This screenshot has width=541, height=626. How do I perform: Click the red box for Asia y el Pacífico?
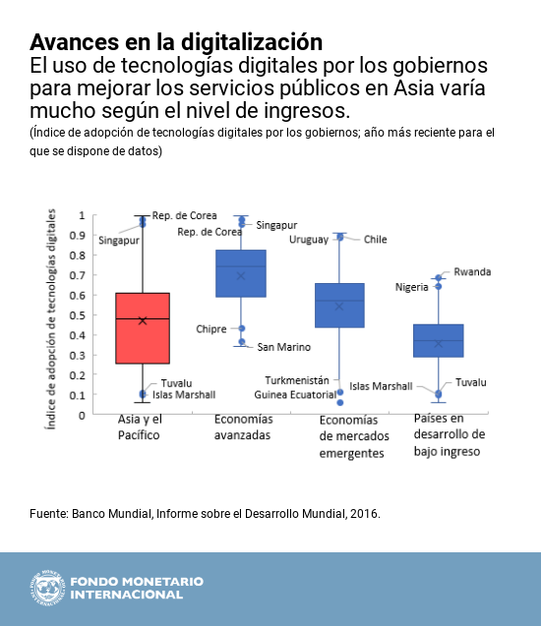click(x=143, y=328)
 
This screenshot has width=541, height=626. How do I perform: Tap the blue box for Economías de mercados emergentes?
click(x=339, y=305)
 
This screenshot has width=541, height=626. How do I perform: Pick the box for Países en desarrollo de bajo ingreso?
click(x=438, y=340)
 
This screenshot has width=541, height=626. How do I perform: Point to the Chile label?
click(x=375, y=239)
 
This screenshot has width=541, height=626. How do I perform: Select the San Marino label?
click(x=283, y=347)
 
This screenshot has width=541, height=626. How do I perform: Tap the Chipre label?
click(x=211, y=328)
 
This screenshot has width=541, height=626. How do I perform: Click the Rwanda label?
click(x=472, y=272)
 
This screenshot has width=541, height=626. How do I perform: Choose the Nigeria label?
click(x=411, y=287)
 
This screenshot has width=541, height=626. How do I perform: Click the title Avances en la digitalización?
click(x=176, y=42)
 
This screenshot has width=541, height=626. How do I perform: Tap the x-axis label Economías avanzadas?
click(x=242, y=427)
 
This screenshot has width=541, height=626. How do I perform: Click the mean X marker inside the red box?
click(x=143, y=320)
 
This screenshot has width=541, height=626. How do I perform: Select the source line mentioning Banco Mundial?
click(x=205, y=514)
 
